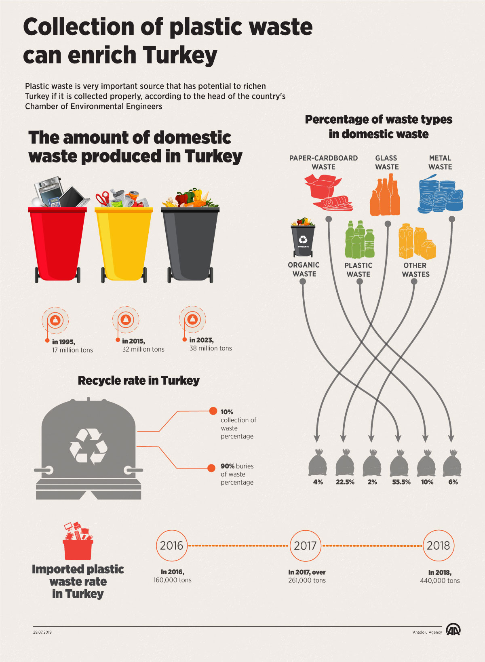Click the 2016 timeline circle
click(x=172, y=546)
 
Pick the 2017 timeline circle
click(x=305, y=546)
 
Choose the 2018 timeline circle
click(x=439, y=546)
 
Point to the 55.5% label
click(x=401, y=482)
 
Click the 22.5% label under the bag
click(x=345, y=482)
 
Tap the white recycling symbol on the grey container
click(x=88, y=446)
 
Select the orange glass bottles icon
click(x=385, y=196)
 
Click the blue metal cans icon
click(x=440, y=194)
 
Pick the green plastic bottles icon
click(x=359, y=240)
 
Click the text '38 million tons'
click(x=211, y=348)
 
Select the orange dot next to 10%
click(x=213, y=411)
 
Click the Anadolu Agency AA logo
click(x=453, y=630)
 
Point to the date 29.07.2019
click(x=42, y=632)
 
